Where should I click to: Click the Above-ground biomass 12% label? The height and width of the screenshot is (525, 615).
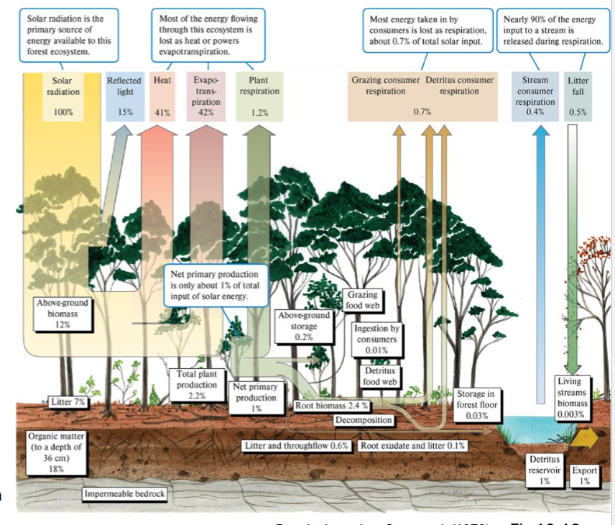(63, 314)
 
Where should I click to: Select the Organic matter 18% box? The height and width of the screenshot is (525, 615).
(56, 452)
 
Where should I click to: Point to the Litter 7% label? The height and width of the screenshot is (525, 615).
(68, 402)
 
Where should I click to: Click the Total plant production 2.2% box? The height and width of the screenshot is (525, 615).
(197, 385)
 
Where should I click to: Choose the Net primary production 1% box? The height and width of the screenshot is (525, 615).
(256, 398)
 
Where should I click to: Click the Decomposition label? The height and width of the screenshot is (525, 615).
(364, 419)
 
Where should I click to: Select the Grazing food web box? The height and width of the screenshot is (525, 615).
(364, 300)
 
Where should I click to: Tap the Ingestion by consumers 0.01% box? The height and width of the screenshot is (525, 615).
(376, 339)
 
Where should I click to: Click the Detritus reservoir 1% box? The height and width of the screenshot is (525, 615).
(545, 470)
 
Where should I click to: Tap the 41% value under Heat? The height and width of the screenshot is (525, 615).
(162, 113)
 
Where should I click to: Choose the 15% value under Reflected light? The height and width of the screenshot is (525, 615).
(125, 113)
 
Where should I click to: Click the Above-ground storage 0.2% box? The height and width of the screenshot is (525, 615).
(304, 327)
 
